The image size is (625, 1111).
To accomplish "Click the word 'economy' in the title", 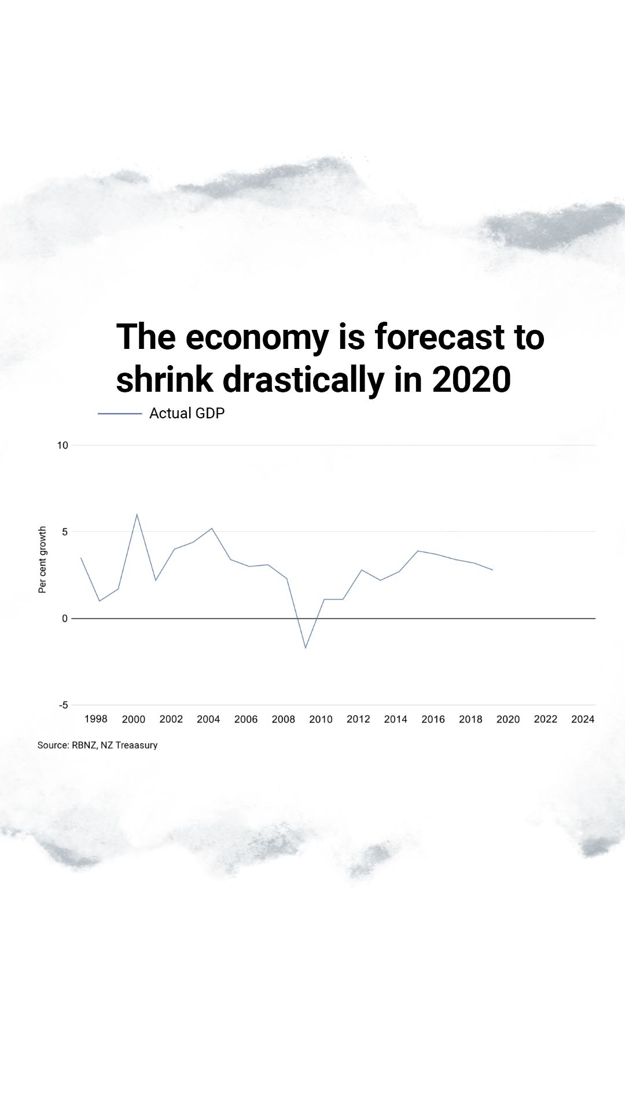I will click(257, 337).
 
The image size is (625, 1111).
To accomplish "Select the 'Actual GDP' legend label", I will click(186, 413).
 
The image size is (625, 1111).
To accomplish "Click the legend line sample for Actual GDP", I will click(120, 414).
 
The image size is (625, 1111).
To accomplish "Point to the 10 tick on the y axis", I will click(62, 445).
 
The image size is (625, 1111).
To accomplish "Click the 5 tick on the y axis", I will click(65, 531).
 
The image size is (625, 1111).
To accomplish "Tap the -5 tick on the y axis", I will click(63, 705).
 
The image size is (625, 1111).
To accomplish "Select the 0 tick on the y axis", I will click(65, 618).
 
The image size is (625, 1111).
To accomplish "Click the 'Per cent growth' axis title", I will click(42, 560).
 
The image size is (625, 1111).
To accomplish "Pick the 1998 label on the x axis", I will click(95, 719).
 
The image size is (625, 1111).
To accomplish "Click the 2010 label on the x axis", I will click(321, 719).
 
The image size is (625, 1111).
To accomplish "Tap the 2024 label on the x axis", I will click(583, 719).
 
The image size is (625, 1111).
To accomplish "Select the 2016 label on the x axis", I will click(433, 719).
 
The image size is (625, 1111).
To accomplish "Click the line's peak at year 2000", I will click(137, 514).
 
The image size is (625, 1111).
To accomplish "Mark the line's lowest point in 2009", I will click(306, 648).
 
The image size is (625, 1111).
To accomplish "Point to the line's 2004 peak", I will click(212, 528).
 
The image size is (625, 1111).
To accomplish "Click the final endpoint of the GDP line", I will click(492, 570).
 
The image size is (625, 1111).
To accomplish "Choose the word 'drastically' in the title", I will click(303, 380).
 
